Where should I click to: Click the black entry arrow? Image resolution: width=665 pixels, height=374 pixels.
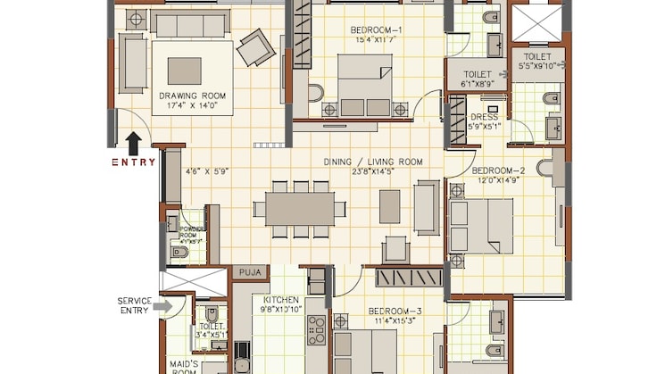(134, 142)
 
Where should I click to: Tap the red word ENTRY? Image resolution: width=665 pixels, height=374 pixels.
(134, 162)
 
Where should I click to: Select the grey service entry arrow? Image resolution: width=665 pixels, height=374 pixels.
(162, 306)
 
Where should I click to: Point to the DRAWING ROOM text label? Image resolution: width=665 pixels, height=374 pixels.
(192, 95)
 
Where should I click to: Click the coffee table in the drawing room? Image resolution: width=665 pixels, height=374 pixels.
(185, 70)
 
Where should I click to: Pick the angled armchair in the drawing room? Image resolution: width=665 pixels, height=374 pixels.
(254, 47)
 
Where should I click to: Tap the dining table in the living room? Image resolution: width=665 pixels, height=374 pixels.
(299, 209)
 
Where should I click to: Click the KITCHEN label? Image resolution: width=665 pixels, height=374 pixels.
(280, 300)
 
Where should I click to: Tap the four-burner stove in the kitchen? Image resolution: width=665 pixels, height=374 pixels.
(317, 330)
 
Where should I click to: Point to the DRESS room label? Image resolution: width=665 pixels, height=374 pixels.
(483, 116)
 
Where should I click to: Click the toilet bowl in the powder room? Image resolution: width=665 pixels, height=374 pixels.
(179, 252)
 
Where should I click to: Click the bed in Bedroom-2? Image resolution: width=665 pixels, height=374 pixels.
(482, 226)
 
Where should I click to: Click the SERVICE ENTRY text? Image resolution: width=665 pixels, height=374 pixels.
(134, 306)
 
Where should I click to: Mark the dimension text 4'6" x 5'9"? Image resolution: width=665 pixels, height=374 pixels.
(208, 170)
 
